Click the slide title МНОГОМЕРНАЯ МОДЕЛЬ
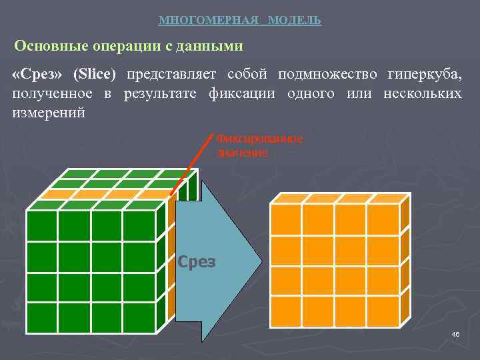tap(240, 21)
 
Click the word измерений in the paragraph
tap(49, 112)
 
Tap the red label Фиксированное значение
tap(259, 145)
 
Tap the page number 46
tap(455, 334)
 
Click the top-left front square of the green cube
tap(41, 225)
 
